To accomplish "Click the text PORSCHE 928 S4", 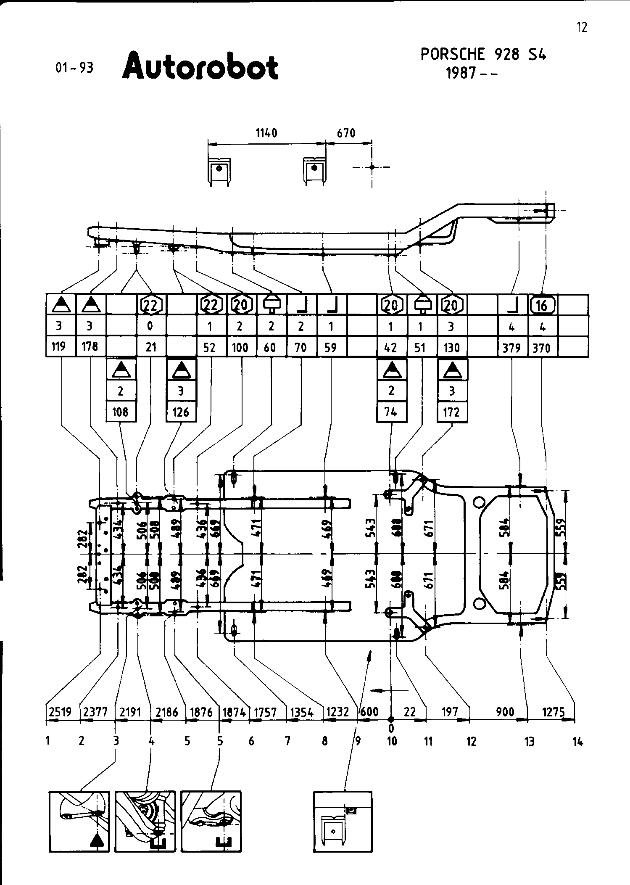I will pos(483,55).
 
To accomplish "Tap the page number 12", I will pos(582,27).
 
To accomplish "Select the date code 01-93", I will pos(74,68).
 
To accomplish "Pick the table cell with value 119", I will pos(58,347).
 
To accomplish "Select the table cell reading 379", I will pos(512,348).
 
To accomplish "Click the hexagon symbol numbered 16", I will pos(542,305).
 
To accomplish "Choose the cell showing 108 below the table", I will pos(121,412).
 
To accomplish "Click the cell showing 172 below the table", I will pos(451,412).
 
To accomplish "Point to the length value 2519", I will pos(60,712).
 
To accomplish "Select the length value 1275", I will pos(553,712).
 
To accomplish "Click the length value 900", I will pos(505,712).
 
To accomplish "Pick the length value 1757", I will pos(265,712).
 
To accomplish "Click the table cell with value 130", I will pos(451,348).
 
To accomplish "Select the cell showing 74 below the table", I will pos(391,412).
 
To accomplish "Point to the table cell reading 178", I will pos(90,346).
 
